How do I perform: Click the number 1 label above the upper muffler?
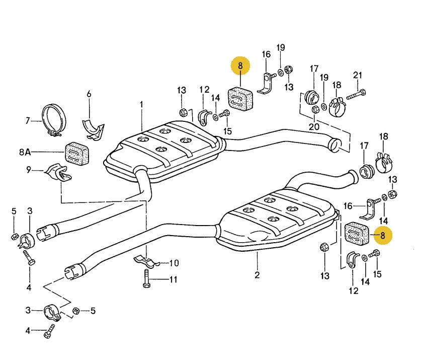tap(141, 104)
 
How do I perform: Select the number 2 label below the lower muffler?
tap(257, 275)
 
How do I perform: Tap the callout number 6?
tap(89, 94)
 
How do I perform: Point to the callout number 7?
tap(28, 121)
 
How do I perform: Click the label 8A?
tap(25, 152)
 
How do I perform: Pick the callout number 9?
tap(29, 170)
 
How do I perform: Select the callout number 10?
tap(174, 263)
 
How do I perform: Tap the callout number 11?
tap(174, 279)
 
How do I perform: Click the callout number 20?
tap(314, 126)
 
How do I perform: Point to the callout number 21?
tap(358, 75)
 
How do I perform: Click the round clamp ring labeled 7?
tap(54, 120)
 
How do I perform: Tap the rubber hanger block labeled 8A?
tap(77, 154)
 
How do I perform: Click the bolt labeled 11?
tap(146, 278)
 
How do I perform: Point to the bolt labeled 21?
tap(356, 94)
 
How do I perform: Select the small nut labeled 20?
tap(315, 109)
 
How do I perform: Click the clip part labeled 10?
tap(147, 260)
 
